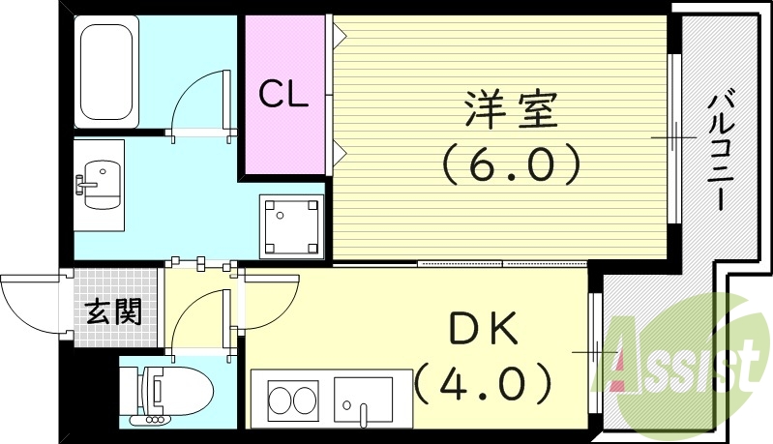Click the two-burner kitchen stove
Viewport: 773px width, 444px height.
point(291,400)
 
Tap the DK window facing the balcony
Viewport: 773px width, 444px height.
point(594,353)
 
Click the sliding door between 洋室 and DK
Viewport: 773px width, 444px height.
point(503,263)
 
